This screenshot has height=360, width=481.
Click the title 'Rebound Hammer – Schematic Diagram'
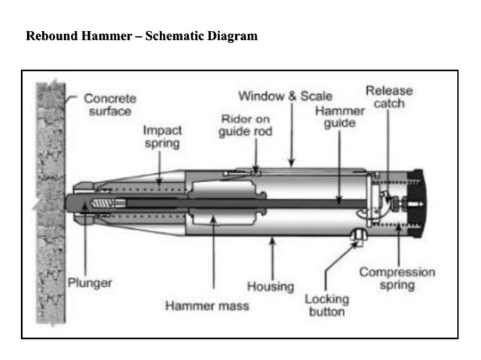coord(142,36)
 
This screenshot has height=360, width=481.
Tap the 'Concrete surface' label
coord(110,105)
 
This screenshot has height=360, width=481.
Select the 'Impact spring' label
coord(162,136)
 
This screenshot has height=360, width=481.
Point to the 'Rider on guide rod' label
coord(245,126)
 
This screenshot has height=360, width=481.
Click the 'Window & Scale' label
coord(285,96)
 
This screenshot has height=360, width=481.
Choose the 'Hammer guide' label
coord(339,117)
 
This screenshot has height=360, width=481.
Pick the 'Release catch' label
coord(389,96)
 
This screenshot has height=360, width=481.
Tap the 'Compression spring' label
coord(397,279)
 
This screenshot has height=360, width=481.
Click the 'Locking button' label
coord(326,305)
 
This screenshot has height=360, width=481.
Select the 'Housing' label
coord(270,287)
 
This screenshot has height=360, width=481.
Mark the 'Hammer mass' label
coord(207,306)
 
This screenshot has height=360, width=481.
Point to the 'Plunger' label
coord(90,283)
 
